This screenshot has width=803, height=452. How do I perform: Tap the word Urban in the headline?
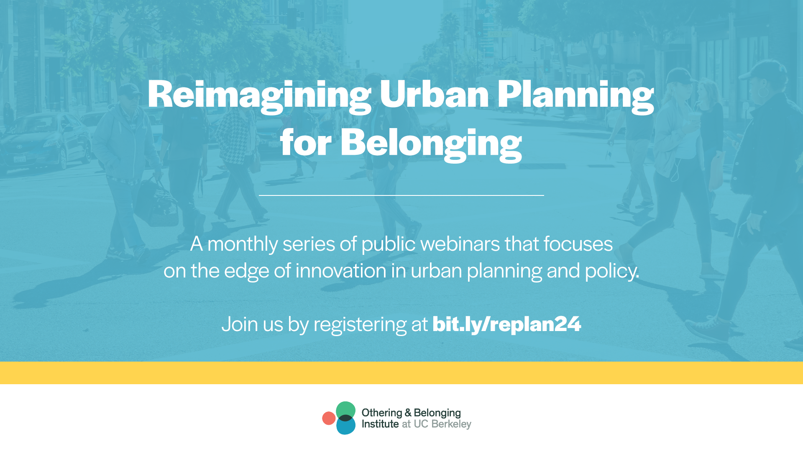pos(434,94)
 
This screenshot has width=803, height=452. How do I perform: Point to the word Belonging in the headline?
pos(431,144)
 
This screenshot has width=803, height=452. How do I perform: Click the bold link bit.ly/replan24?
pos(506,324)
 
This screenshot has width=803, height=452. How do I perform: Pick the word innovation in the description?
pos(341,271)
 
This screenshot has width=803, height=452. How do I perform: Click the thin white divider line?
pos(401,195)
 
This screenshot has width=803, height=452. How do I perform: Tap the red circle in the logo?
pos(329,418)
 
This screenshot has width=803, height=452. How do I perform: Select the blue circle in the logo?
pos(346,427)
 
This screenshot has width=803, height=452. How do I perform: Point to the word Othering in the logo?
pos(381,413)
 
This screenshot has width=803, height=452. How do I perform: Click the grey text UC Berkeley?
pos(442,424)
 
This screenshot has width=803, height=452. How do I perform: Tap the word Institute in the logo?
pos(380,424)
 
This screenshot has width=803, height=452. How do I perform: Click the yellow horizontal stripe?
pos(401,373)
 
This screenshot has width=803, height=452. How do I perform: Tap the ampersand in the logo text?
pos(408,413)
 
